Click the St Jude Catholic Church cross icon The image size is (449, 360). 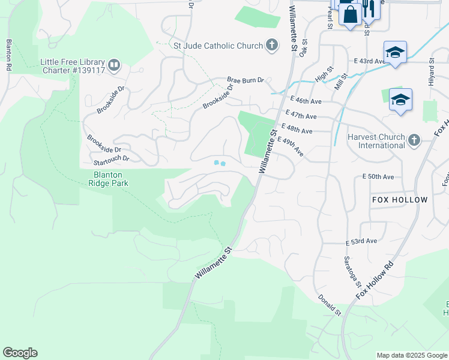272,46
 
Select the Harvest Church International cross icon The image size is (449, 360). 414,140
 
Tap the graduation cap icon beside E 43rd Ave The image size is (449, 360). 395,53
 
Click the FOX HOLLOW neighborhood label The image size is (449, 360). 400,199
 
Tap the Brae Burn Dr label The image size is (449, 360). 245,80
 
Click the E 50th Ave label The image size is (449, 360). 378,177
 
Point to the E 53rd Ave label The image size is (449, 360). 361,241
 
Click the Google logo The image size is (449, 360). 20,353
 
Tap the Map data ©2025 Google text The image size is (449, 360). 411,355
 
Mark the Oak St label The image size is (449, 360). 304,46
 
